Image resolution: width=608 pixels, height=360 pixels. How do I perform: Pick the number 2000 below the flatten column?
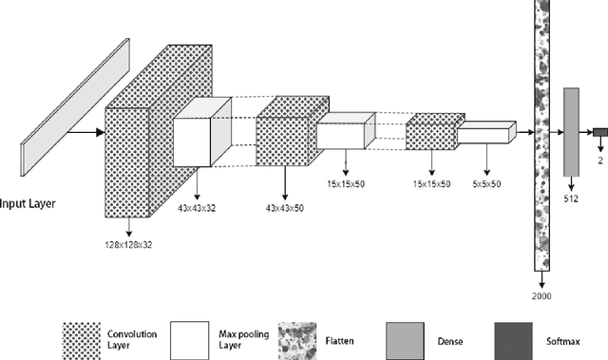click(541, 296)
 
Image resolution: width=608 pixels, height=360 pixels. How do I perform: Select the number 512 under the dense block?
click(571, 200)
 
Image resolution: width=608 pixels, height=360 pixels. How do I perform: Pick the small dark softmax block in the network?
click(600, 133)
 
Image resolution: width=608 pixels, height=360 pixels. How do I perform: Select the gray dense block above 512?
click(571, 132)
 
